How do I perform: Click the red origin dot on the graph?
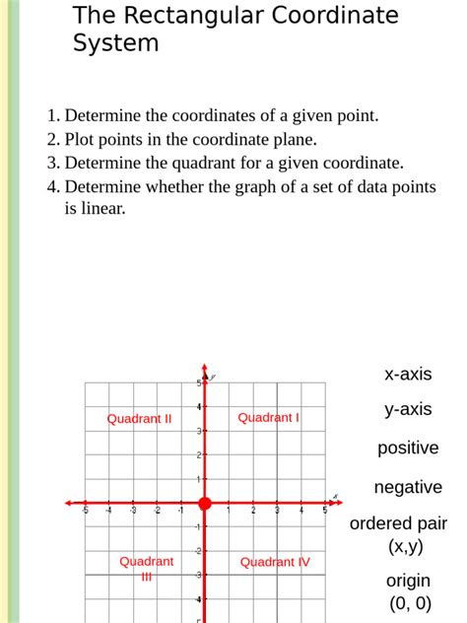coord(205,504)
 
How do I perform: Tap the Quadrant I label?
coord(269,417)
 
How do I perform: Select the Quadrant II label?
coord(139,418)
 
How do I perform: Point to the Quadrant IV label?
coord(275,562)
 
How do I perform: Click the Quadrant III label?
coord(146,569)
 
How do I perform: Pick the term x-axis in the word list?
coord(408,374)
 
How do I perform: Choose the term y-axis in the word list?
coord(408,409)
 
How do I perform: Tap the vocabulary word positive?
coord(408,448)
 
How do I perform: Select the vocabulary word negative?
coord(408,487)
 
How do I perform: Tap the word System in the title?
coord(115,43)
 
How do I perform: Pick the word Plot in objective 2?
coord(81,139)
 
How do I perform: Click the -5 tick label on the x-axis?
coord(85,511)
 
